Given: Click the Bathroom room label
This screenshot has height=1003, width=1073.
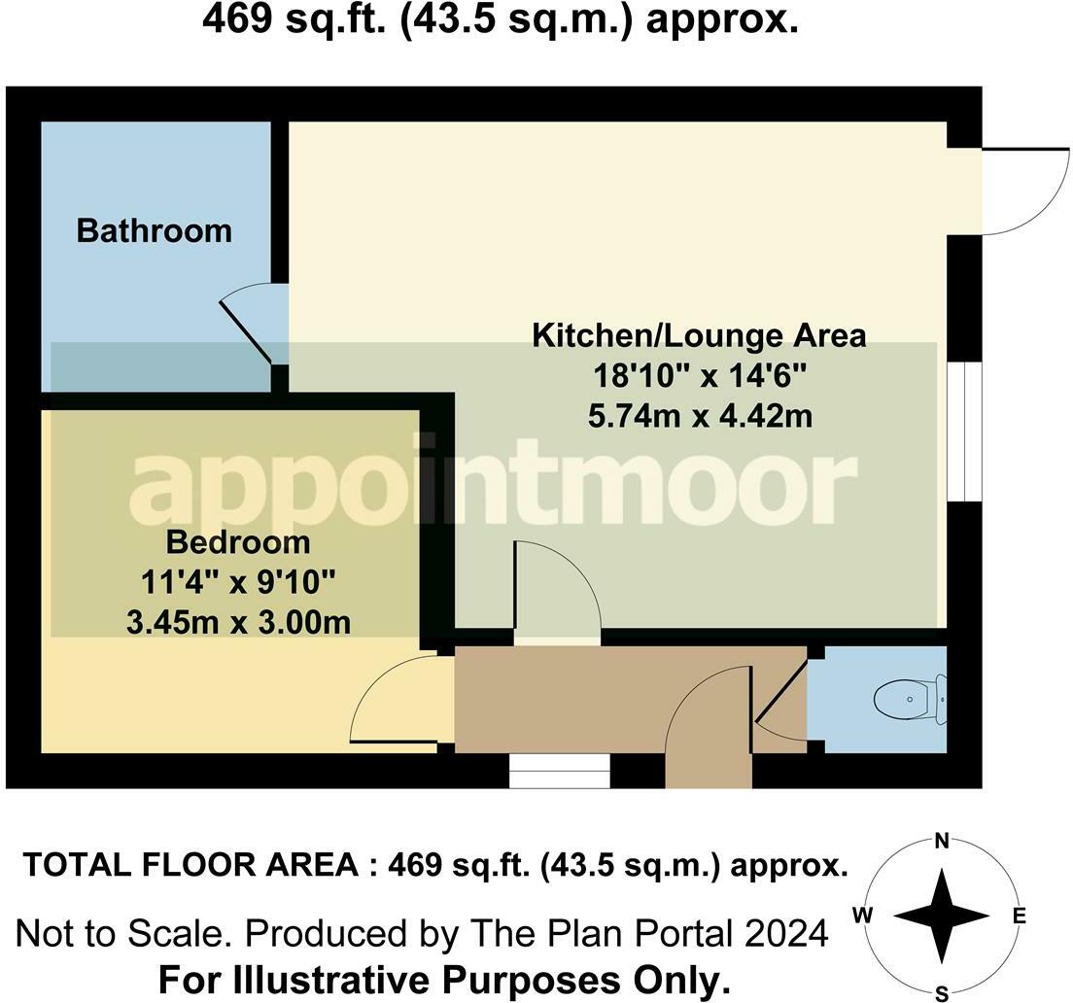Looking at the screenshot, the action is pyautogui.click(x=154, y=230).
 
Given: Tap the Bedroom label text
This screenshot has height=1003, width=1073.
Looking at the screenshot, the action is pyautogui.click(x=238, y=542).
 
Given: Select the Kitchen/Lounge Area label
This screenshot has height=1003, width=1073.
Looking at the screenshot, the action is pyautogui.click(x=700, y=336).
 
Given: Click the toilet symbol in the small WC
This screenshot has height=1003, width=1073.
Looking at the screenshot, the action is pyautogui.click(x=911, y=699).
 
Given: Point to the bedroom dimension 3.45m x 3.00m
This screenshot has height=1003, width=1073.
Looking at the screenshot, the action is pyautogui.click(x=238, y=623).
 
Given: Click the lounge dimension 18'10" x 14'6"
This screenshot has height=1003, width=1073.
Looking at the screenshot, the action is pyautogui.click(x=700, y=375).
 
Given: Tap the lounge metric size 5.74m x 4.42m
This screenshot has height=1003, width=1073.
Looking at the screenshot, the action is pyautogui.click(x=700, y=415).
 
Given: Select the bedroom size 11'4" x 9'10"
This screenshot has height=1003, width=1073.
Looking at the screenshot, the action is pyautogui.click(x=238, y=583).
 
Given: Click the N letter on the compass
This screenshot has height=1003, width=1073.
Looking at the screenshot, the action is pyautogui.click(x=943, y=841).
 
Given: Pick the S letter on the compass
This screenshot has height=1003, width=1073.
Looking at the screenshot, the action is pyautogui.click(x=943, y=993).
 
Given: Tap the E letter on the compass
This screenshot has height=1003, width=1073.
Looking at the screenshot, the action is pyautogui.click(x=1019, y=916).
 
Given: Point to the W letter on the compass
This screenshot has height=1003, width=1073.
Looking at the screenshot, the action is pyautogui.click(x=863, y=915).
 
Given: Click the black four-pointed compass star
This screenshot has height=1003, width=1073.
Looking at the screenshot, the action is pyautogui.click(x=942, y=916).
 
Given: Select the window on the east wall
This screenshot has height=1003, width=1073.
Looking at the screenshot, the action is pyautogui.click(x=965, y=432).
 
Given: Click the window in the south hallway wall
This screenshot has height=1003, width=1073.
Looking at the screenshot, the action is pyautogui.click(x=559, y=772).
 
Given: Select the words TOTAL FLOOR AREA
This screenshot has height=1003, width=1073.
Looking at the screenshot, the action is pyautogui.click(x=190, y=866).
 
